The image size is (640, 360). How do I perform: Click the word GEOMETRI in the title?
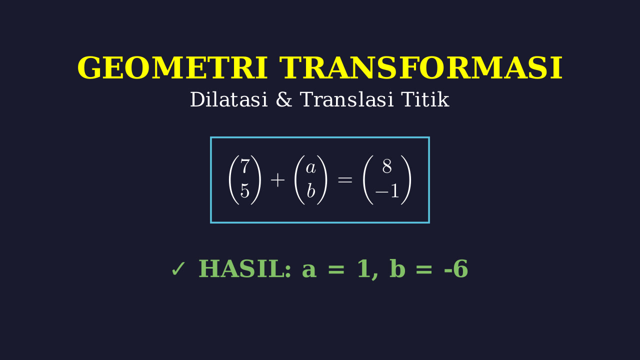click(x=172, y=67)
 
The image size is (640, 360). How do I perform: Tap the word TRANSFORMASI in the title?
click(x=421, y=67)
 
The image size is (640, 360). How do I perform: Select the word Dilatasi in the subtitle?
click(x=229, y=99)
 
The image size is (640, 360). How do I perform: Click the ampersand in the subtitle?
click(x=284, y=99)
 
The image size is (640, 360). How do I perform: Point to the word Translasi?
click(x=347, y=99)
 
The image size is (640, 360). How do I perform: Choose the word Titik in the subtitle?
click(x=425, y=99)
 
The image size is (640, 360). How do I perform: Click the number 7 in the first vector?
click(x=245, y=166)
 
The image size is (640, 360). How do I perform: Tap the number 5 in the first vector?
click(x=245, y=190)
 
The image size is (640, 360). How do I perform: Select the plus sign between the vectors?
click(x=277, y=180)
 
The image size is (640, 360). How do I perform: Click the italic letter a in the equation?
click(x=310, y=167)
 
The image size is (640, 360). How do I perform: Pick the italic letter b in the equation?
click(x=311, y=190)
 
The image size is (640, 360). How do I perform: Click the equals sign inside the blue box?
click(x=345, y=180)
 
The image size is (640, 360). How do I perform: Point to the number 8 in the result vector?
click(x=387, y=166)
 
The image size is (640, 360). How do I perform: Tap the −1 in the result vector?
click(x=387, y=190)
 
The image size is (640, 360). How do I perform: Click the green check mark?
click(x=178, y=269)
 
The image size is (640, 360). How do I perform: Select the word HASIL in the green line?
click(x=245, y=269)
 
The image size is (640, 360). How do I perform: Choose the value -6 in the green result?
click(x=456, y=269)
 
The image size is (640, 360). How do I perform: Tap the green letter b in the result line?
click(x=397, y=268)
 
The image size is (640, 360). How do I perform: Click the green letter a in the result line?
click(x=309, y=271)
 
